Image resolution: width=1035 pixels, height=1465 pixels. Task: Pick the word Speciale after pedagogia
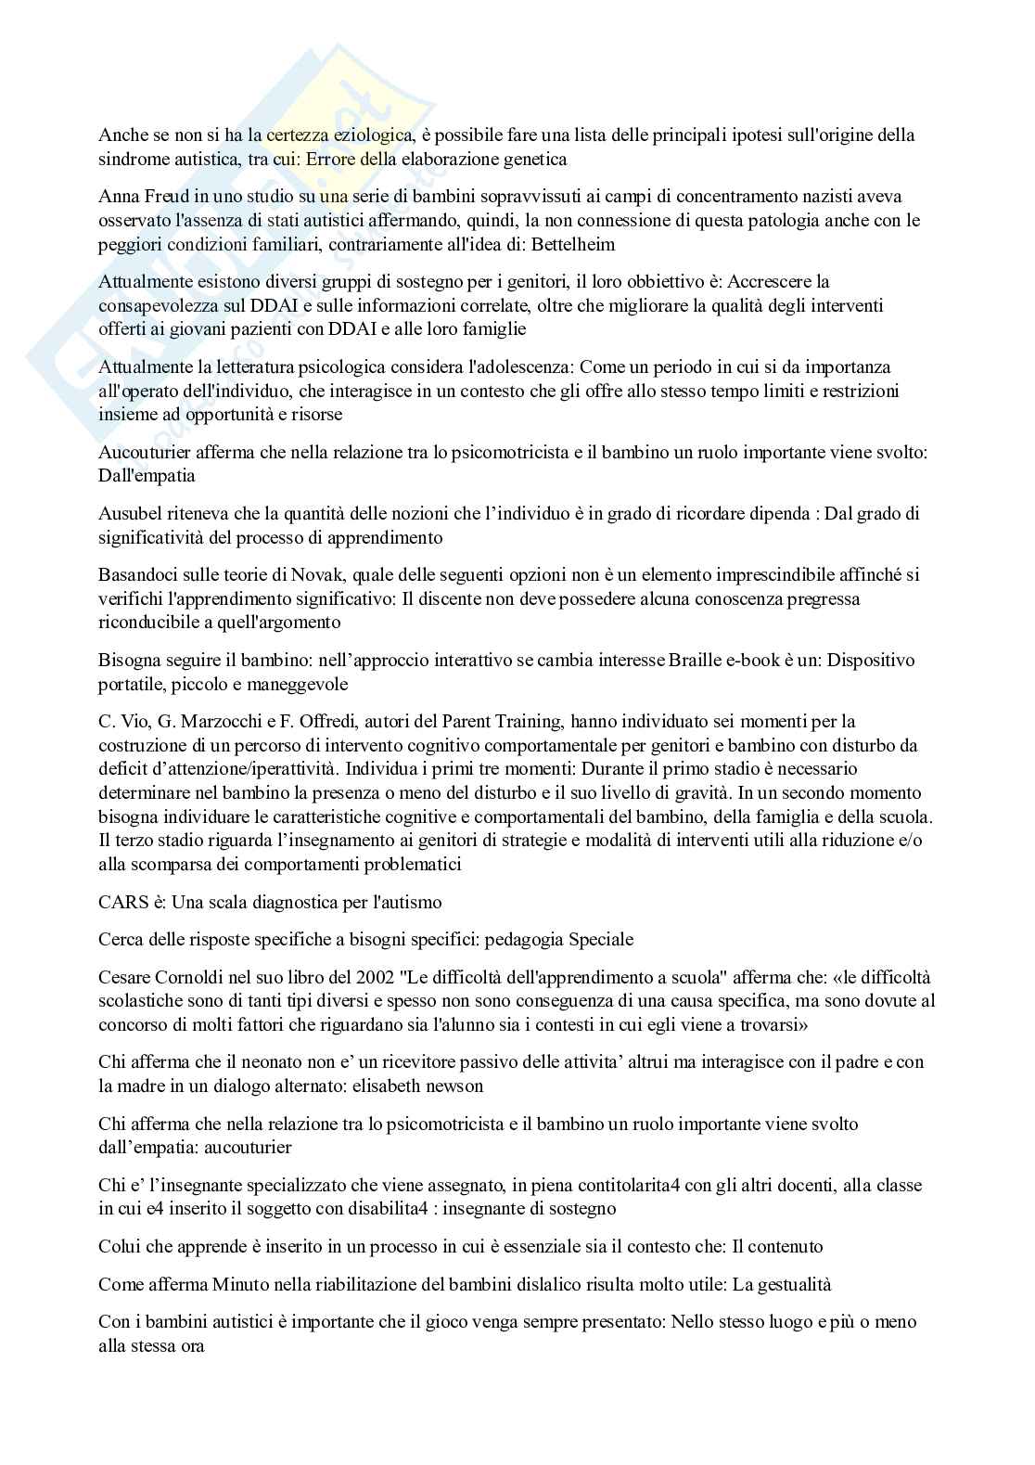pyautogui.click(x=603, y=939)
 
